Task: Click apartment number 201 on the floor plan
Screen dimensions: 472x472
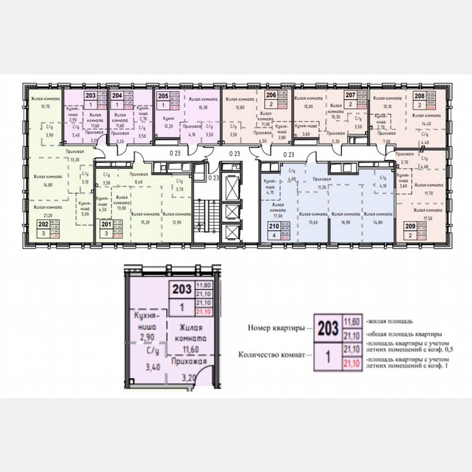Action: [103, 223]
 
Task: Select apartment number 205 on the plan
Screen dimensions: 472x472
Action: [163, 96]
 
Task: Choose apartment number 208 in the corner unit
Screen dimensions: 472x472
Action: [419, 96]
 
